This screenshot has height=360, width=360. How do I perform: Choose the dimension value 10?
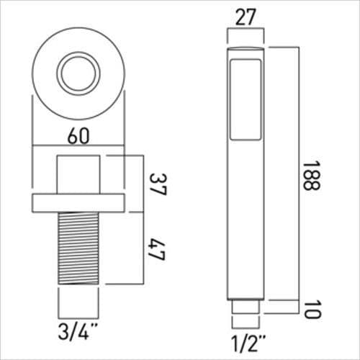coord(311,310)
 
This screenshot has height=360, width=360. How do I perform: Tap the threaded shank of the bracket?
coord(78,248)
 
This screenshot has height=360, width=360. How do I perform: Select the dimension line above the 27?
coord(247,30)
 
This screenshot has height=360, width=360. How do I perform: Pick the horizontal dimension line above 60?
coord(78,150)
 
